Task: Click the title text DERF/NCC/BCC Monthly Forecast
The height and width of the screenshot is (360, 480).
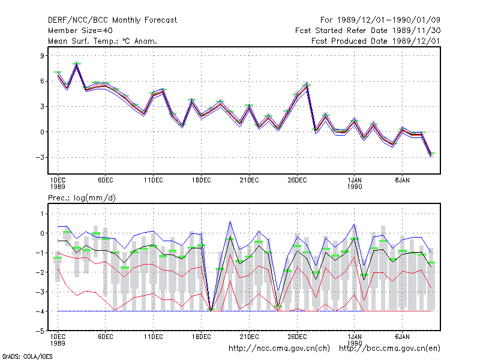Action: [112, 20]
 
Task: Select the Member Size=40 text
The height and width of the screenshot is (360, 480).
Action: [80, 31]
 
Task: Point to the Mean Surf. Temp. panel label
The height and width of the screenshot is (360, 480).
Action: [103, 41]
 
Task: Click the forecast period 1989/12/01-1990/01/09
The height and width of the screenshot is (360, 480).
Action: [380, 20]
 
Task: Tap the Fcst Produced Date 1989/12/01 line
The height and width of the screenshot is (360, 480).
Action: [376, 41]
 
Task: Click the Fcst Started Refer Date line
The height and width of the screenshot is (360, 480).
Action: [368, 31]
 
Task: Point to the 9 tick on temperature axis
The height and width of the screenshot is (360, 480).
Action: [42, 56]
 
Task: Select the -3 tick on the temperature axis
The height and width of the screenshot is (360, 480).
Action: [40, 157]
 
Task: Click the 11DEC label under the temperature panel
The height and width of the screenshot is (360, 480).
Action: [154, 181]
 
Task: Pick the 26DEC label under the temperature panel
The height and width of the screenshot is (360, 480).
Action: [297, 181]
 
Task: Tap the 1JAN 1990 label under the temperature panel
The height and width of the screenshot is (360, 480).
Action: [355, 184]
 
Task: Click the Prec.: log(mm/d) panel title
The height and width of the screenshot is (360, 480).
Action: [82, 198]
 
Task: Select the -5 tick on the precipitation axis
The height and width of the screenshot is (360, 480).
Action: [40, 331]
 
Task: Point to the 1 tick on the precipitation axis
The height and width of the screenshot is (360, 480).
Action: [42, 214]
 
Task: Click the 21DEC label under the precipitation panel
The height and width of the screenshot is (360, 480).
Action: [249, 337]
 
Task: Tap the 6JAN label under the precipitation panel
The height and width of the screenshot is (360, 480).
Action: [402, 337]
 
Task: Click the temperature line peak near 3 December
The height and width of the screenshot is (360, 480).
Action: [77, 65]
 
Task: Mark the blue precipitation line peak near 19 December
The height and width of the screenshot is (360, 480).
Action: [230, 221]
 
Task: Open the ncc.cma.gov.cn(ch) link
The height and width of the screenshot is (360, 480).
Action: [279, 349]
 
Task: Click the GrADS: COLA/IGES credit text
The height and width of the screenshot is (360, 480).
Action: [28, 356]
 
